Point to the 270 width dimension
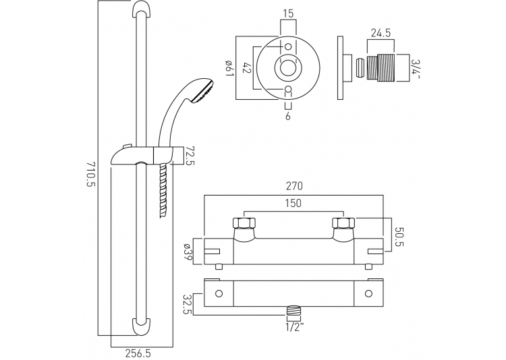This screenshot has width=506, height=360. pos(293,186)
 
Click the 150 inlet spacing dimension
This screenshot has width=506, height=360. pos(293,203)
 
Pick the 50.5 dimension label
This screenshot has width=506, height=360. pos(399,237)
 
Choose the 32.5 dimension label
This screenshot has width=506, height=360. pos(187,304)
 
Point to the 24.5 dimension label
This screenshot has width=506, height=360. pos(381,33)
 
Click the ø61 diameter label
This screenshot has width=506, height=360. pos(230,68)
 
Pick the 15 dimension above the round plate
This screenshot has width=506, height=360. pos(289,14)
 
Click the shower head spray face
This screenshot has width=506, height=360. pos(204,91)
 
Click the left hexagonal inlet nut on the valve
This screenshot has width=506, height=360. pos(244,223)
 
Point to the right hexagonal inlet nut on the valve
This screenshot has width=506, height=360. pos(343,223)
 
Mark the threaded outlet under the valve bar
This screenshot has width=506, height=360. pos(293,314)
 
